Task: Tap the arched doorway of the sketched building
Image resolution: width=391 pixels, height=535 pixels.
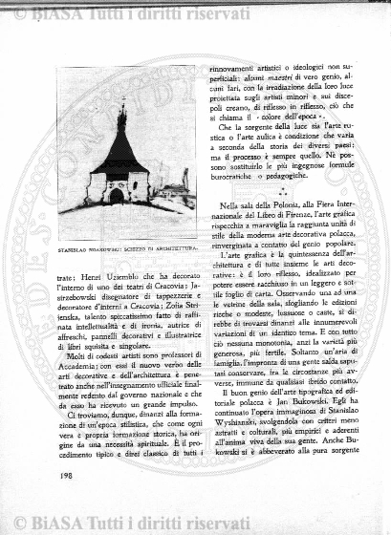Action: click(x=117, y=195)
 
